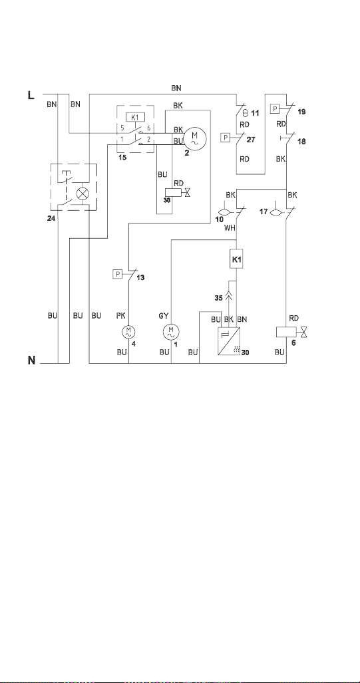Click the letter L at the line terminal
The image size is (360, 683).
(31, 95)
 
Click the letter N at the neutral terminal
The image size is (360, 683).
(32, 360)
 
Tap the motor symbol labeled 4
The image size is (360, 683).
(128, 332)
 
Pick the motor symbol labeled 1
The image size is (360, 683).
(170, 333)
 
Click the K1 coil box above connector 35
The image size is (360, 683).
(236, 259)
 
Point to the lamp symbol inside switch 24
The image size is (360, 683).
(82, 194)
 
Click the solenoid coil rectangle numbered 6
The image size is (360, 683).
(286, 332)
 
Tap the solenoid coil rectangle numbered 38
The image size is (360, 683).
(174, 192)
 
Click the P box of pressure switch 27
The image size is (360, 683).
(226, 138)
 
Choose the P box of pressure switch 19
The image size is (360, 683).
(275, 108)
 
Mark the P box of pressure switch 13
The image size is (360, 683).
(117, 274)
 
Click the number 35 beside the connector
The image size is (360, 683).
(219, 298)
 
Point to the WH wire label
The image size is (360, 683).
(230, 227)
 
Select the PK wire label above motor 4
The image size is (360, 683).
(120, 316)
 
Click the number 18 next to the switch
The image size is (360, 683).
(301, 142)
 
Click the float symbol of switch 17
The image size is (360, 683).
(275, 212)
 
